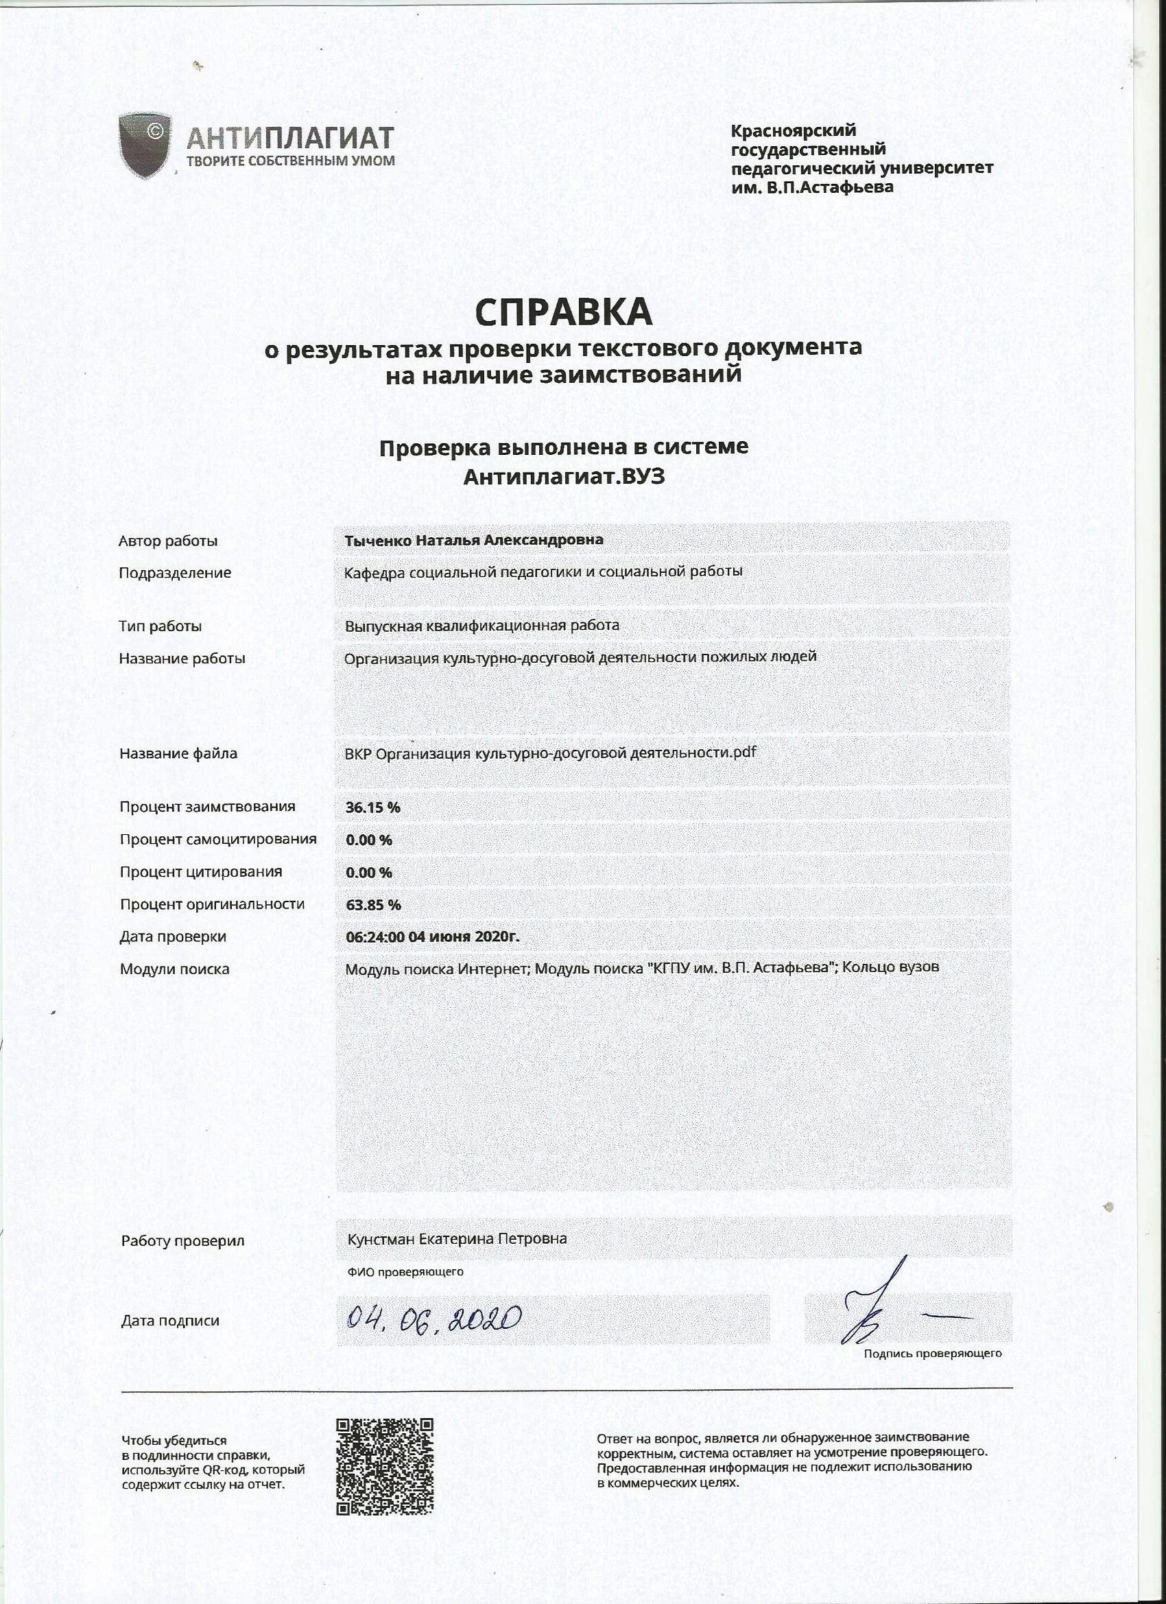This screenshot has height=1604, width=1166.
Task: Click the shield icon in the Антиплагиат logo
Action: pos(145,145)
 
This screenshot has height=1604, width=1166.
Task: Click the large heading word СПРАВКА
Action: pos(563,312)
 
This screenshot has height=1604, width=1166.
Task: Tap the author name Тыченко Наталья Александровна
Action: pos(474,541)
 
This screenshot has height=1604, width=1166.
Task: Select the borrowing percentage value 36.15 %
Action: pos(372,807)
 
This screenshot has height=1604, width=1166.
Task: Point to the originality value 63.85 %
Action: pos(372,904)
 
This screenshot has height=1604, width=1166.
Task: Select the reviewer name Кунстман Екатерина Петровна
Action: pos(457,1239)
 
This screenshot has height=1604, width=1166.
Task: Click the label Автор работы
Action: pos(168,542)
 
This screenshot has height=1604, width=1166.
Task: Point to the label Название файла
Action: pos(178,754)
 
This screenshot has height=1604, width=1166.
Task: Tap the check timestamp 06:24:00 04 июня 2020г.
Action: pos(432,936)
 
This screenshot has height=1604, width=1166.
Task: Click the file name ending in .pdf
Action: pos(550,753)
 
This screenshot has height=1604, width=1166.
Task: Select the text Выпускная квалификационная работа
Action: pos(481,626)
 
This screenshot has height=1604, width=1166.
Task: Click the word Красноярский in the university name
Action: pos(793,131)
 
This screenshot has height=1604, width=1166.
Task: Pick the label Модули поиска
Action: pos(175,969)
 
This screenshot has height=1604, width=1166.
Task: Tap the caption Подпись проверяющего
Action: pos(932,1354)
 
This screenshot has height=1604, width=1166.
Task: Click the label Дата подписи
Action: pos(169,1321)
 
